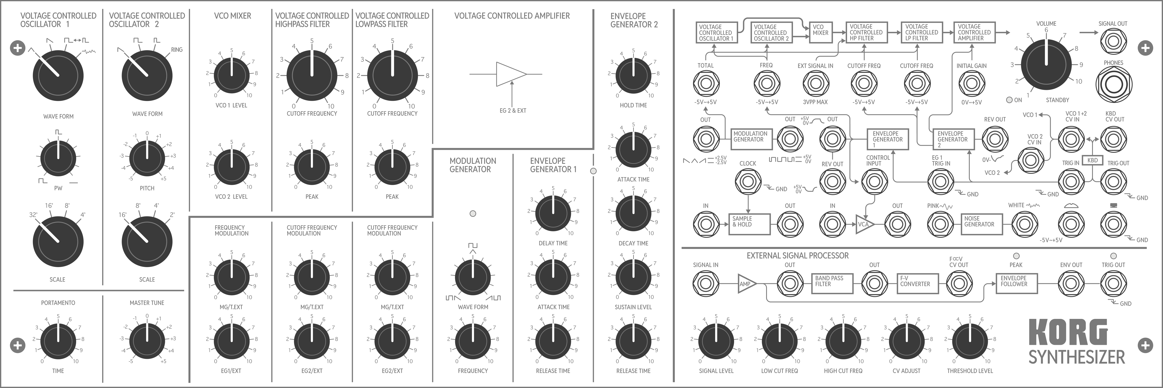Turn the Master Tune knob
pyautogui.click(x=147, y=342)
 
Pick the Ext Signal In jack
pyautogui.click(x=815, y=83)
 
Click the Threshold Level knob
pyautogui.click(x=970, y=342)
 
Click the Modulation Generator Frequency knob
pyautogui.click(x=473, y=342)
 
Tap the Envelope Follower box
pyautogui.click(x=1017, y=284)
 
